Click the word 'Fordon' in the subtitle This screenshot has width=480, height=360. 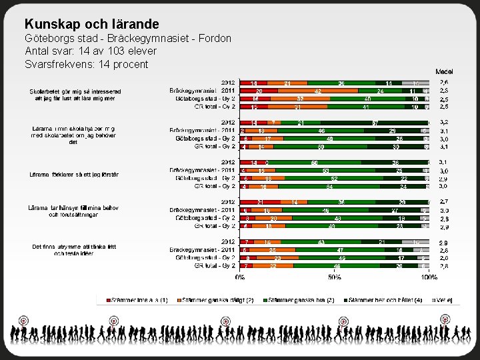pos(215,39)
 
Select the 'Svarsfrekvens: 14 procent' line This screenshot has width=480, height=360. pos(87,64)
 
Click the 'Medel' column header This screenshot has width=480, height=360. pos(445,71)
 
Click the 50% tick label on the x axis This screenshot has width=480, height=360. pos(335,277)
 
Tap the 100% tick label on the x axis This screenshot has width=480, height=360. pos(429,277)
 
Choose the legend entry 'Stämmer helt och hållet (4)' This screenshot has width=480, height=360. pos(383,301)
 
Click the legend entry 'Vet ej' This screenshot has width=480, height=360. pos(445,301)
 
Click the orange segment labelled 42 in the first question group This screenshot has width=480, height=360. pos(319,91)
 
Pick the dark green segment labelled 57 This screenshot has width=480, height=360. pos(376,123)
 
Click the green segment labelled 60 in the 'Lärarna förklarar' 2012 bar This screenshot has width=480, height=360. pos(315,163)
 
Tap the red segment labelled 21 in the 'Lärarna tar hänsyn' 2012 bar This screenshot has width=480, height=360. pos(259,202)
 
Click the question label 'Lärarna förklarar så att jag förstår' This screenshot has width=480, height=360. pos(75,175)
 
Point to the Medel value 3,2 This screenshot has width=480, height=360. pos(444,123)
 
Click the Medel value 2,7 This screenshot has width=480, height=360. pos(444,202)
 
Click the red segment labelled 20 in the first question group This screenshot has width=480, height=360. pos(259,91)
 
